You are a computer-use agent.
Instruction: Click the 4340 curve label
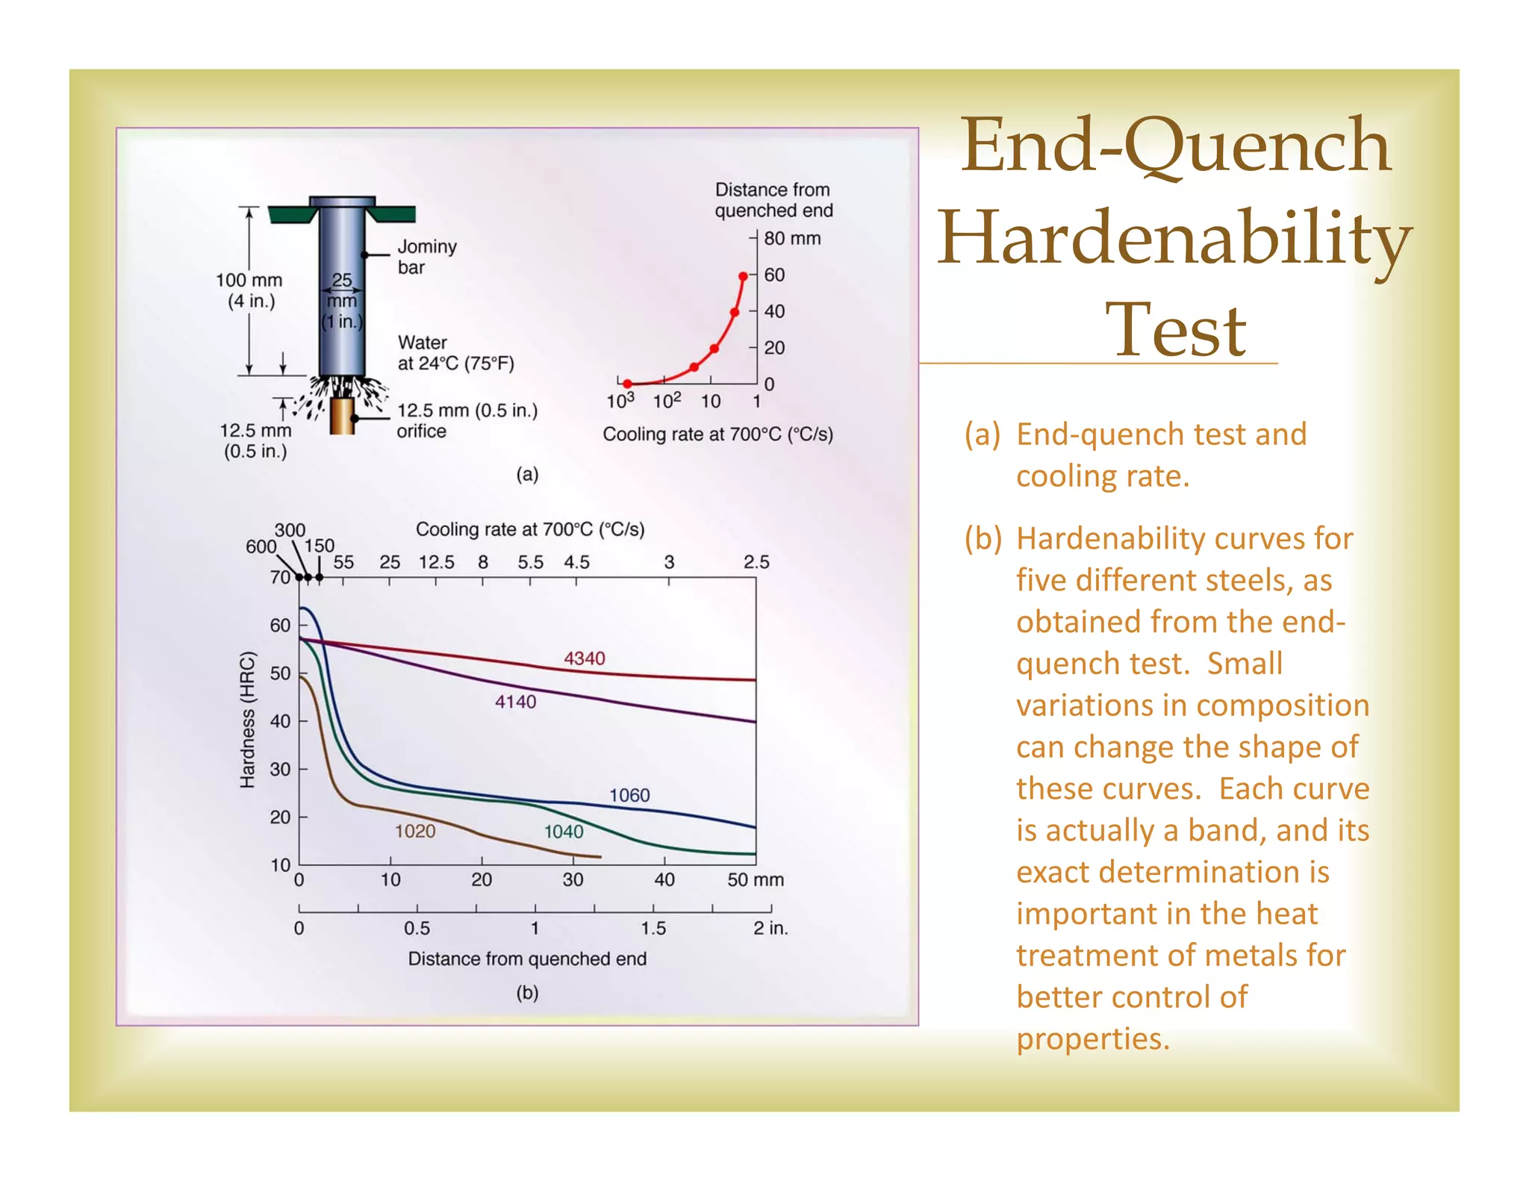[584, 658]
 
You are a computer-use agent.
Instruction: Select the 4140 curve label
[515, 702]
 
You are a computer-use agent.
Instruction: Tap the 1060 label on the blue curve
[629, 795]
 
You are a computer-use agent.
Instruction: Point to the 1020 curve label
[414, 831]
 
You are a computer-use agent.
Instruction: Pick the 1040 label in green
[563, 832]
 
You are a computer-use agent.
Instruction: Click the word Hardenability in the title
[1174, 237]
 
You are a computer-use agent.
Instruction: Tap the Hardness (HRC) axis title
[247, 720]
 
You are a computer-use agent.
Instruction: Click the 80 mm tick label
[791, 239]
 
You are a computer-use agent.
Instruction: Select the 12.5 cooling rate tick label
[436, 562]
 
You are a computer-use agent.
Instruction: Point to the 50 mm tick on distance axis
[755, 880]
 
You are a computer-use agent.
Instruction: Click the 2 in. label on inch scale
[770, 928]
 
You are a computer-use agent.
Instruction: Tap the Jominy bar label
[426, 257]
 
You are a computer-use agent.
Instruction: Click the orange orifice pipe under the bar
[342, 416]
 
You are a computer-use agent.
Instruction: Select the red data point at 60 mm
[743, 277]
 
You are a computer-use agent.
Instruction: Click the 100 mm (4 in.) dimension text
[249, 290]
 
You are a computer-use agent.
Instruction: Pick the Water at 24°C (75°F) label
[455, 353]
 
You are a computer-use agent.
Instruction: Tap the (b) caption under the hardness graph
[527, 993]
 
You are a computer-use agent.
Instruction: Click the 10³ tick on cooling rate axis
[620, 402]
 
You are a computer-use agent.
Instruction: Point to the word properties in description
[1092, 1039]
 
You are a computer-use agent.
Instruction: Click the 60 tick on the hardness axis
[280, 626]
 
